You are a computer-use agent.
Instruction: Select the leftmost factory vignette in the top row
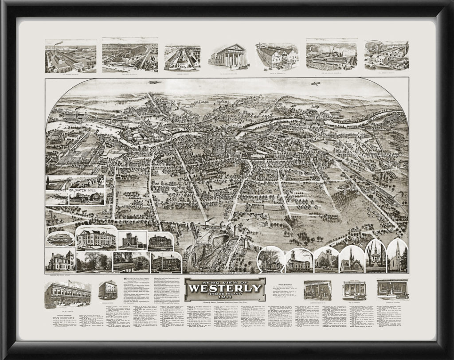70,56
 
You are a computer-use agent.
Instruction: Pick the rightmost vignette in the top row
386,56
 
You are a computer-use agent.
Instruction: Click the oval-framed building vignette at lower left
60,239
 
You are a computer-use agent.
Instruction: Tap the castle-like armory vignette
132,240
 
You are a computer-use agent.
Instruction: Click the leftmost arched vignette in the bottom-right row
270,259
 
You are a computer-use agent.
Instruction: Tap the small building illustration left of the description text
108,290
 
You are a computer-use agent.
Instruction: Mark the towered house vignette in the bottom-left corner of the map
60,260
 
